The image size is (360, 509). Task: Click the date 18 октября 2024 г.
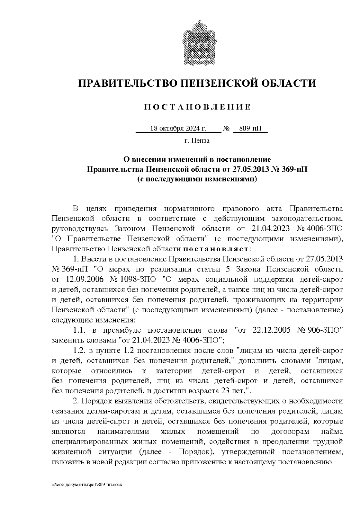point(178,129)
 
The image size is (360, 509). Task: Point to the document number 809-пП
point(250,129)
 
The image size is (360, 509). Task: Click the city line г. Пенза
point(197,140)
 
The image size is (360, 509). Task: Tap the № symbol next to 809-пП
point(226,129)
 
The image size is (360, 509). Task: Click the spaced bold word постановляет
point(216,249)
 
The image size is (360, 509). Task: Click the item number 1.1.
point(80,330)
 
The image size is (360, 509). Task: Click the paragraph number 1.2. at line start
point(80,350)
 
